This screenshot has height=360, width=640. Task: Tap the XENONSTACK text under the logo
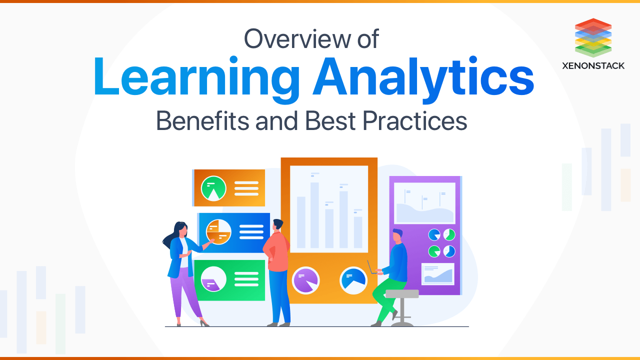click(593, 65)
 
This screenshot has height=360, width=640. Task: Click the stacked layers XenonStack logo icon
click(593, 37)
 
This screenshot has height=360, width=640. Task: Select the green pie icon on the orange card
click(213, 188)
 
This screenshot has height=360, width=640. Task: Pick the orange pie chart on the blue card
click(218, 231)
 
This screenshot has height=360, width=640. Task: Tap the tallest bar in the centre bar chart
click(314, 215)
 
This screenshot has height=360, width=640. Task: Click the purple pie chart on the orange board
click(305, 280)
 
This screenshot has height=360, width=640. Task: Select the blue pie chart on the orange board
click(353, 280)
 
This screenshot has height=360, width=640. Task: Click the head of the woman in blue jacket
click(181, 230)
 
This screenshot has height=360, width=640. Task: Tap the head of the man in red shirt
click(278, 225)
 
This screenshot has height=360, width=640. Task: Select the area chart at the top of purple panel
click(424, 203)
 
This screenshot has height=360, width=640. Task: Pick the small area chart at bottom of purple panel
click(437, 273)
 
